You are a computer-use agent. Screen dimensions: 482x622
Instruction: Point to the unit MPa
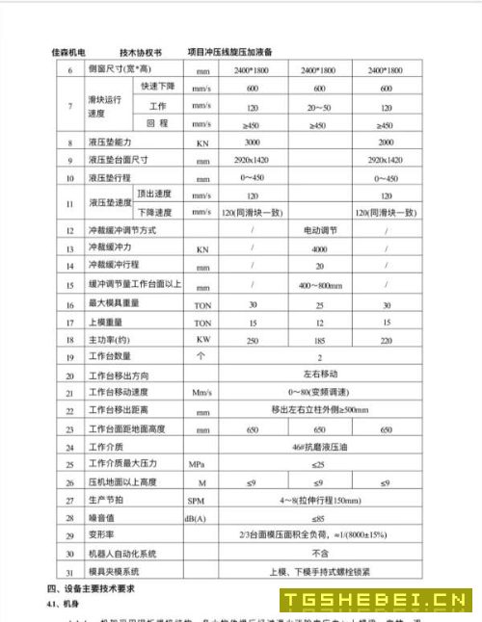point(198,464)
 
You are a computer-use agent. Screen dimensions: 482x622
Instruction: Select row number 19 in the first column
point(69,357)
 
